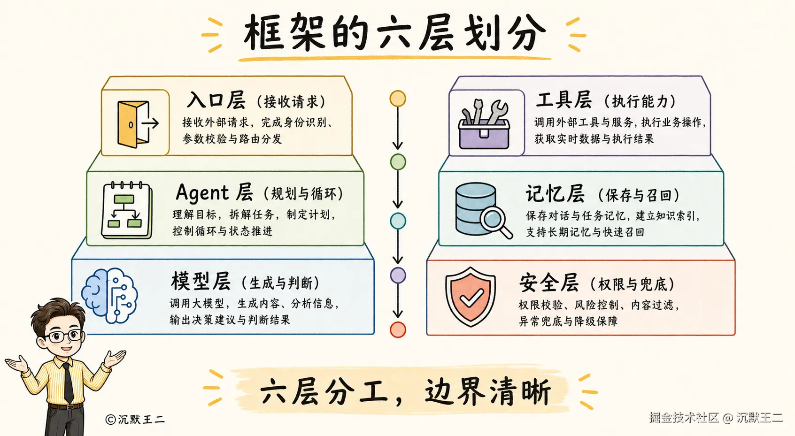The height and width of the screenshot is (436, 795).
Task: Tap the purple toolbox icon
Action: (485, 125)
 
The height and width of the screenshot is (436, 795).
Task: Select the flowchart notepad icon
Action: (127, 210)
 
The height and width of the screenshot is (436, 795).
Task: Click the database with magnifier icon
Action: (483, 210)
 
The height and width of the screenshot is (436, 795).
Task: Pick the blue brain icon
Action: (109, 295)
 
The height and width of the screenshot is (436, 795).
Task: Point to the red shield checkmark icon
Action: (471, 297)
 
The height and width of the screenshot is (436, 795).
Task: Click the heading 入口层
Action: (216, 100)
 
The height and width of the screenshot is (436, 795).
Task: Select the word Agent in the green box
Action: (202, 193)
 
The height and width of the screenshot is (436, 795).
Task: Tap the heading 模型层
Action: (201, 281)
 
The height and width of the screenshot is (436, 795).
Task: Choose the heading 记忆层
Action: (555, 194)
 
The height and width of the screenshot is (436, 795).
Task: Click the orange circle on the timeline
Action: (397, 99)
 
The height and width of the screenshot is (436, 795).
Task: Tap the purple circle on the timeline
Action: (398, 275)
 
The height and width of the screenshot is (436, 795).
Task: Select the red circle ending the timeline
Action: (398, 329)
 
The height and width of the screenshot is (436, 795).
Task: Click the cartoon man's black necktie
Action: (68, 382)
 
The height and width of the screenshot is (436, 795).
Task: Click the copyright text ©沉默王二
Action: (135, 419)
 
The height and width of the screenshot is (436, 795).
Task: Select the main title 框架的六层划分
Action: (394, 33)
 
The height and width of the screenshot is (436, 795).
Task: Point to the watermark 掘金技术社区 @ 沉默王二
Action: (716, 418)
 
